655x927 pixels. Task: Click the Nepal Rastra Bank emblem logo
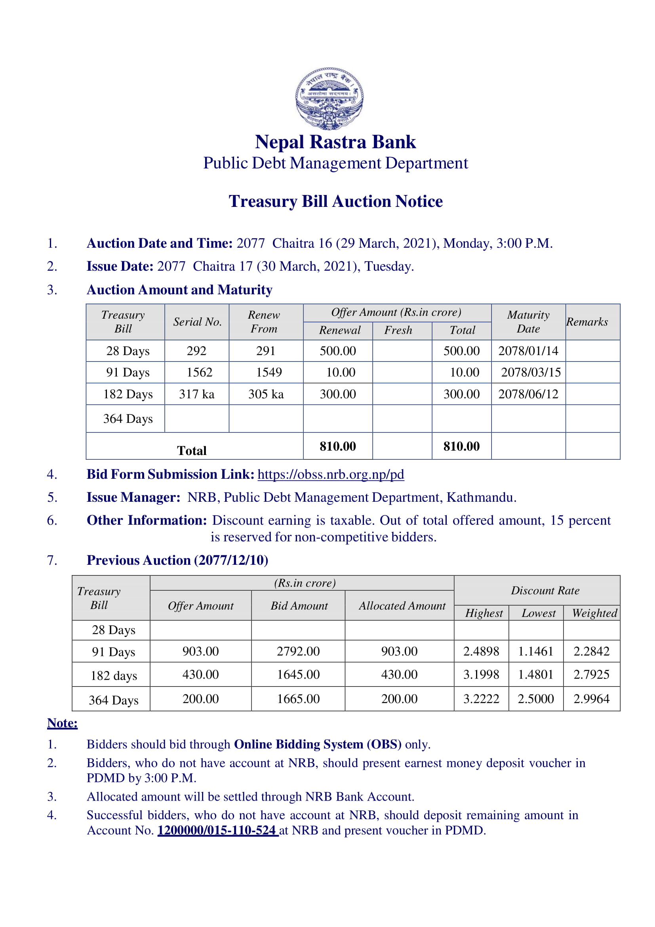[x=329, y=98]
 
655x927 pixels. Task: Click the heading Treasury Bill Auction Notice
[x=335, y=201]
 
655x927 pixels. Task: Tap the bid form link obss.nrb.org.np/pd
[x=331, y=474]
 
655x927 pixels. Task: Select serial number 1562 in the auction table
[x=199, y=372]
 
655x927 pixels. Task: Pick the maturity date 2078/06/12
[x=528, y=394]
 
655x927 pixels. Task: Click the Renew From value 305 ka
[x=266, y=394]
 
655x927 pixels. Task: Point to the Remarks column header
[x=587, y=322]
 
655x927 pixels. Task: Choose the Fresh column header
[x=398, y=330]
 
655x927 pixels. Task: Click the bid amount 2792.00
[x=298, y=651]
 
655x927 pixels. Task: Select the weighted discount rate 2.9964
[x=591, y=698]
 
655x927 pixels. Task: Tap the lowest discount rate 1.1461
[x=535, y=651]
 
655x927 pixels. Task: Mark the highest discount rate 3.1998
[x=481, y=674]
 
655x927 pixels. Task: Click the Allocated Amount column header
[x=402, y=606]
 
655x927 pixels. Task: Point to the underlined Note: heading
[x=62, y=723]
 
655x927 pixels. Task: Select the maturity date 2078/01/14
[x=528, y=350]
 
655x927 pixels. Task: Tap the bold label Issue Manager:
[x=133, y=497]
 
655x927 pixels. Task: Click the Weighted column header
[x=594, y=613]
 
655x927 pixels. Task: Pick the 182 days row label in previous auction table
[x=114, y=675]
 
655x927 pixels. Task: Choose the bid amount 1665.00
[x=298, y=698]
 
